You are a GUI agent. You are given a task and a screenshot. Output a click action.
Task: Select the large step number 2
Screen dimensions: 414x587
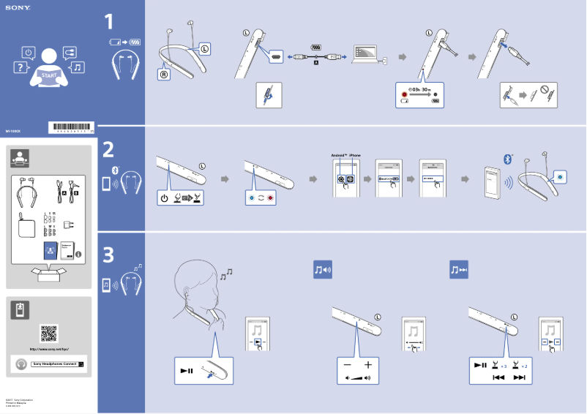tap(108, 149)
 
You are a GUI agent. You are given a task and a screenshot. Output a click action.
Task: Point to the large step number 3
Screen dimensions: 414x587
tap(108, 255)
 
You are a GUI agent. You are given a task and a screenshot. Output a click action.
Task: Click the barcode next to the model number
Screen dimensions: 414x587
tap(72, 127)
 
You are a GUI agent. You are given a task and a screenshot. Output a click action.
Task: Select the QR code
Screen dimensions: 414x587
tap(49, 333)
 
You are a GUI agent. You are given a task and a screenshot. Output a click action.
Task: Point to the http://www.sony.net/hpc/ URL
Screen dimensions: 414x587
tap(49, 350)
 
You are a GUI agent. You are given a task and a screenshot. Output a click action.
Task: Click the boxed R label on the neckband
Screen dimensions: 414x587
tap(165, 74)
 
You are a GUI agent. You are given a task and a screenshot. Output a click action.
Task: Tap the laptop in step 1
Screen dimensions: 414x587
tap(365, 55)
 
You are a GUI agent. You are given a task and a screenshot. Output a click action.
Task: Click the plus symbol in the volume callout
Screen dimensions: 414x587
tap(367, 364)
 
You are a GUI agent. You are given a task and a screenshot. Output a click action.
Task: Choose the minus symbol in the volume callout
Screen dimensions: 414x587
tap(347, 364)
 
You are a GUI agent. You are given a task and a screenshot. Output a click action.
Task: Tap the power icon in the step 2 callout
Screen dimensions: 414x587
tap(165, 198)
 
